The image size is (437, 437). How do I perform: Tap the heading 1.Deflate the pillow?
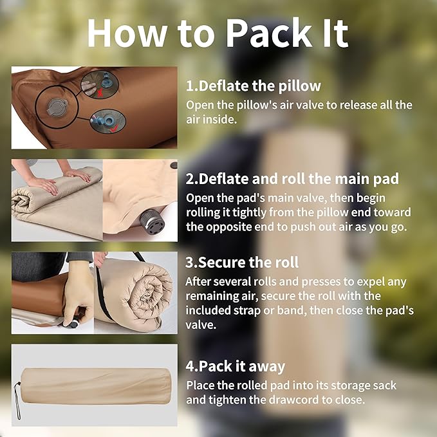(254, 86)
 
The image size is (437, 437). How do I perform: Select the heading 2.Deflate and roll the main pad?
(292, 179)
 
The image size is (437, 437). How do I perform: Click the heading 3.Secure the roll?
(242, 262)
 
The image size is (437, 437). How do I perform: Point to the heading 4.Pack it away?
(236, 366)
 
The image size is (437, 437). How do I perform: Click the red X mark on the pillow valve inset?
(100, 93)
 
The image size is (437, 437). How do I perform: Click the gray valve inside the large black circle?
(57, 107)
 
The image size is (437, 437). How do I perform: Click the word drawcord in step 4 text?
(283, 400)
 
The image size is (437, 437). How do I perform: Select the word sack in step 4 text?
(383, 386)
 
